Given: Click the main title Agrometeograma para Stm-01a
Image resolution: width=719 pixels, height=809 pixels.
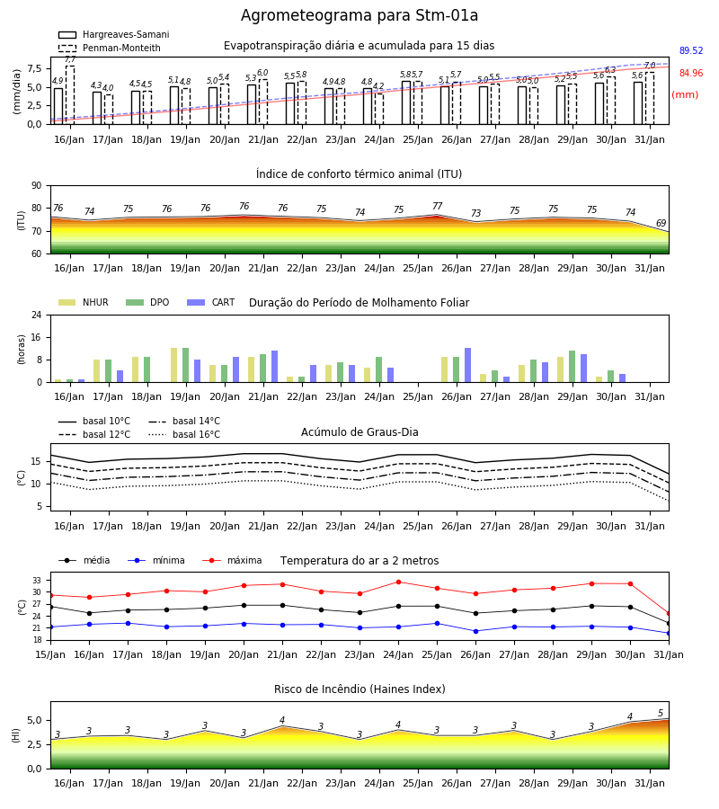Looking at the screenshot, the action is [x=359, y=15].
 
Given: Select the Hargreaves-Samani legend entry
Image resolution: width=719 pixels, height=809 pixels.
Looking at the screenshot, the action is [x=113, y=34].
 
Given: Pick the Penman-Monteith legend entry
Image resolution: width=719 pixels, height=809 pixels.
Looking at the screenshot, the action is [x=110, y=48].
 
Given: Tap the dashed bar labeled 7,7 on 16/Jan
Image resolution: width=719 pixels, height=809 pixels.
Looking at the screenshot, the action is [x=70, y=95].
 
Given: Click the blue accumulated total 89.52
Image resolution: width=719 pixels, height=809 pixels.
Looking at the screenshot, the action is [x=691, y=50].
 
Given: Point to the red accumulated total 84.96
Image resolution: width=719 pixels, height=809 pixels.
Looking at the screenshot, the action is [x=691, y=73].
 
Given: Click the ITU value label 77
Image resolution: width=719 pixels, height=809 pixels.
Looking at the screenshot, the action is [x=438, y=206].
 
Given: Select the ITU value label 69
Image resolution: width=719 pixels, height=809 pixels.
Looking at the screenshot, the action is [x=661, y=223].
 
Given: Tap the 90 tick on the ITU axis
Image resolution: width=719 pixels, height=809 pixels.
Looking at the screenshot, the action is [x=37, y=186].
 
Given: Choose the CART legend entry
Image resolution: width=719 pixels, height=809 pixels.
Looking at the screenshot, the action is [x=211, y=302].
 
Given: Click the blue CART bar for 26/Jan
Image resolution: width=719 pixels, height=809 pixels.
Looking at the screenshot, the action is [x=468, y=365].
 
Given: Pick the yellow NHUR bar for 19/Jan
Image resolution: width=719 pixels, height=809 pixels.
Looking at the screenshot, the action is [x=173, y=365].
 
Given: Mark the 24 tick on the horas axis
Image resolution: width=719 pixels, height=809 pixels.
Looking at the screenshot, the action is [x=37, y=315].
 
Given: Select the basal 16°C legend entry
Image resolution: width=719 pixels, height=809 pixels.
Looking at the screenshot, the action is [x=184, y=434].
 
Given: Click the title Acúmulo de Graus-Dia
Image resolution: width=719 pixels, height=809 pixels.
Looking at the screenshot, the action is [x=359, y=432].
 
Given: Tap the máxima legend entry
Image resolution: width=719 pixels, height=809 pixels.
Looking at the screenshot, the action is [x=233, y=560].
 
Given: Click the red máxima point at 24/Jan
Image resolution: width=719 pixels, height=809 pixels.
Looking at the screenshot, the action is [x=399, y=582].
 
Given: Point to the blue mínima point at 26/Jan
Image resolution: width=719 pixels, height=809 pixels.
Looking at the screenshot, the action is [x=475, y=631].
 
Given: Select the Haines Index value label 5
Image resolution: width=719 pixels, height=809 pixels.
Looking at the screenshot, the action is [x=661, y=714].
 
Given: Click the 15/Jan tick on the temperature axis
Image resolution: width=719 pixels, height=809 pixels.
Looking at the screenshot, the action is [x=50, y=654].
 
